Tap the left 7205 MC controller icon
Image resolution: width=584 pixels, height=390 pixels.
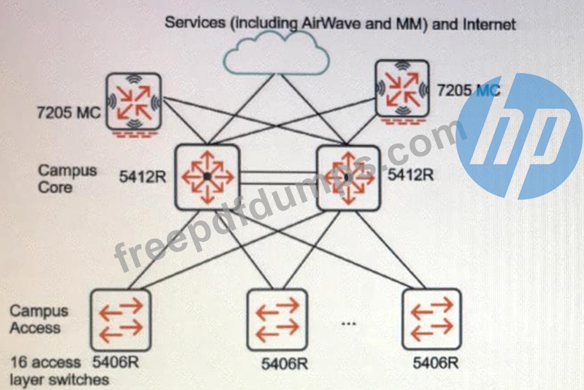point(133,101)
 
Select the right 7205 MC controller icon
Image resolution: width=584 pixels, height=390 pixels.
point(401,88)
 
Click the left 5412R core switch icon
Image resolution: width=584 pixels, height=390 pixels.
point(207,176)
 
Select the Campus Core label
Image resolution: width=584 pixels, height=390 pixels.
point(59,179)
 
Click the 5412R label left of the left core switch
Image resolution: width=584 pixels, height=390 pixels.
point(143,177)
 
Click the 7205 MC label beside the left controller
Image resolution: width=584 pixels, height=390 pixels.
point(67,114)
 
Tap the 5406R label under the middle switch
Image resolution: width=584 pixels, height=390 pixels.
point(285,364)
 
